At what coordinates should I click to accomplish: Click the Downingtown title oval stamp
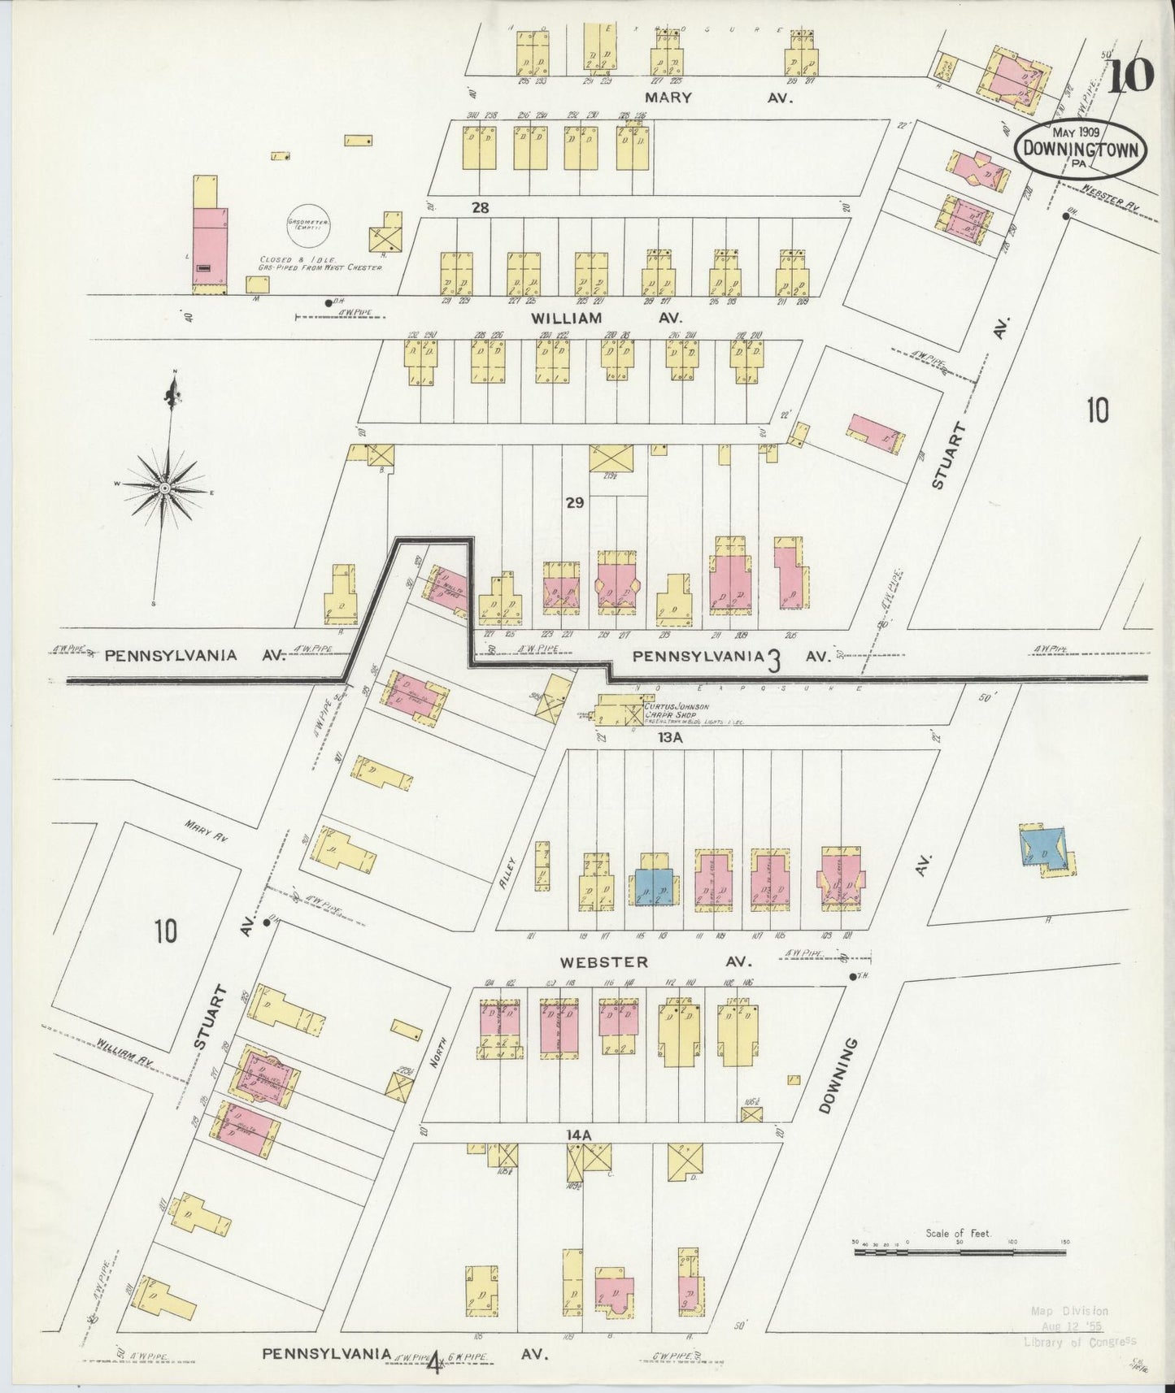pyautogui.click(x=1080, y=148)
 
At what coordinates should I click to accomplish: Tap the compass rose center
pyautogui.click(x=164, y=487)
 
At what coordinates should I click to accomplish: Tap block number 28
pyautogui.click(x=480, y=207)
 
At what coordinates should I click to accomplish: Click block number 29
pyautogui.click(x=575, y=503)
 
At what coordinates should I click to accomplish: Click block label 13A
pyautogui.click(x=671, y=738)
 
